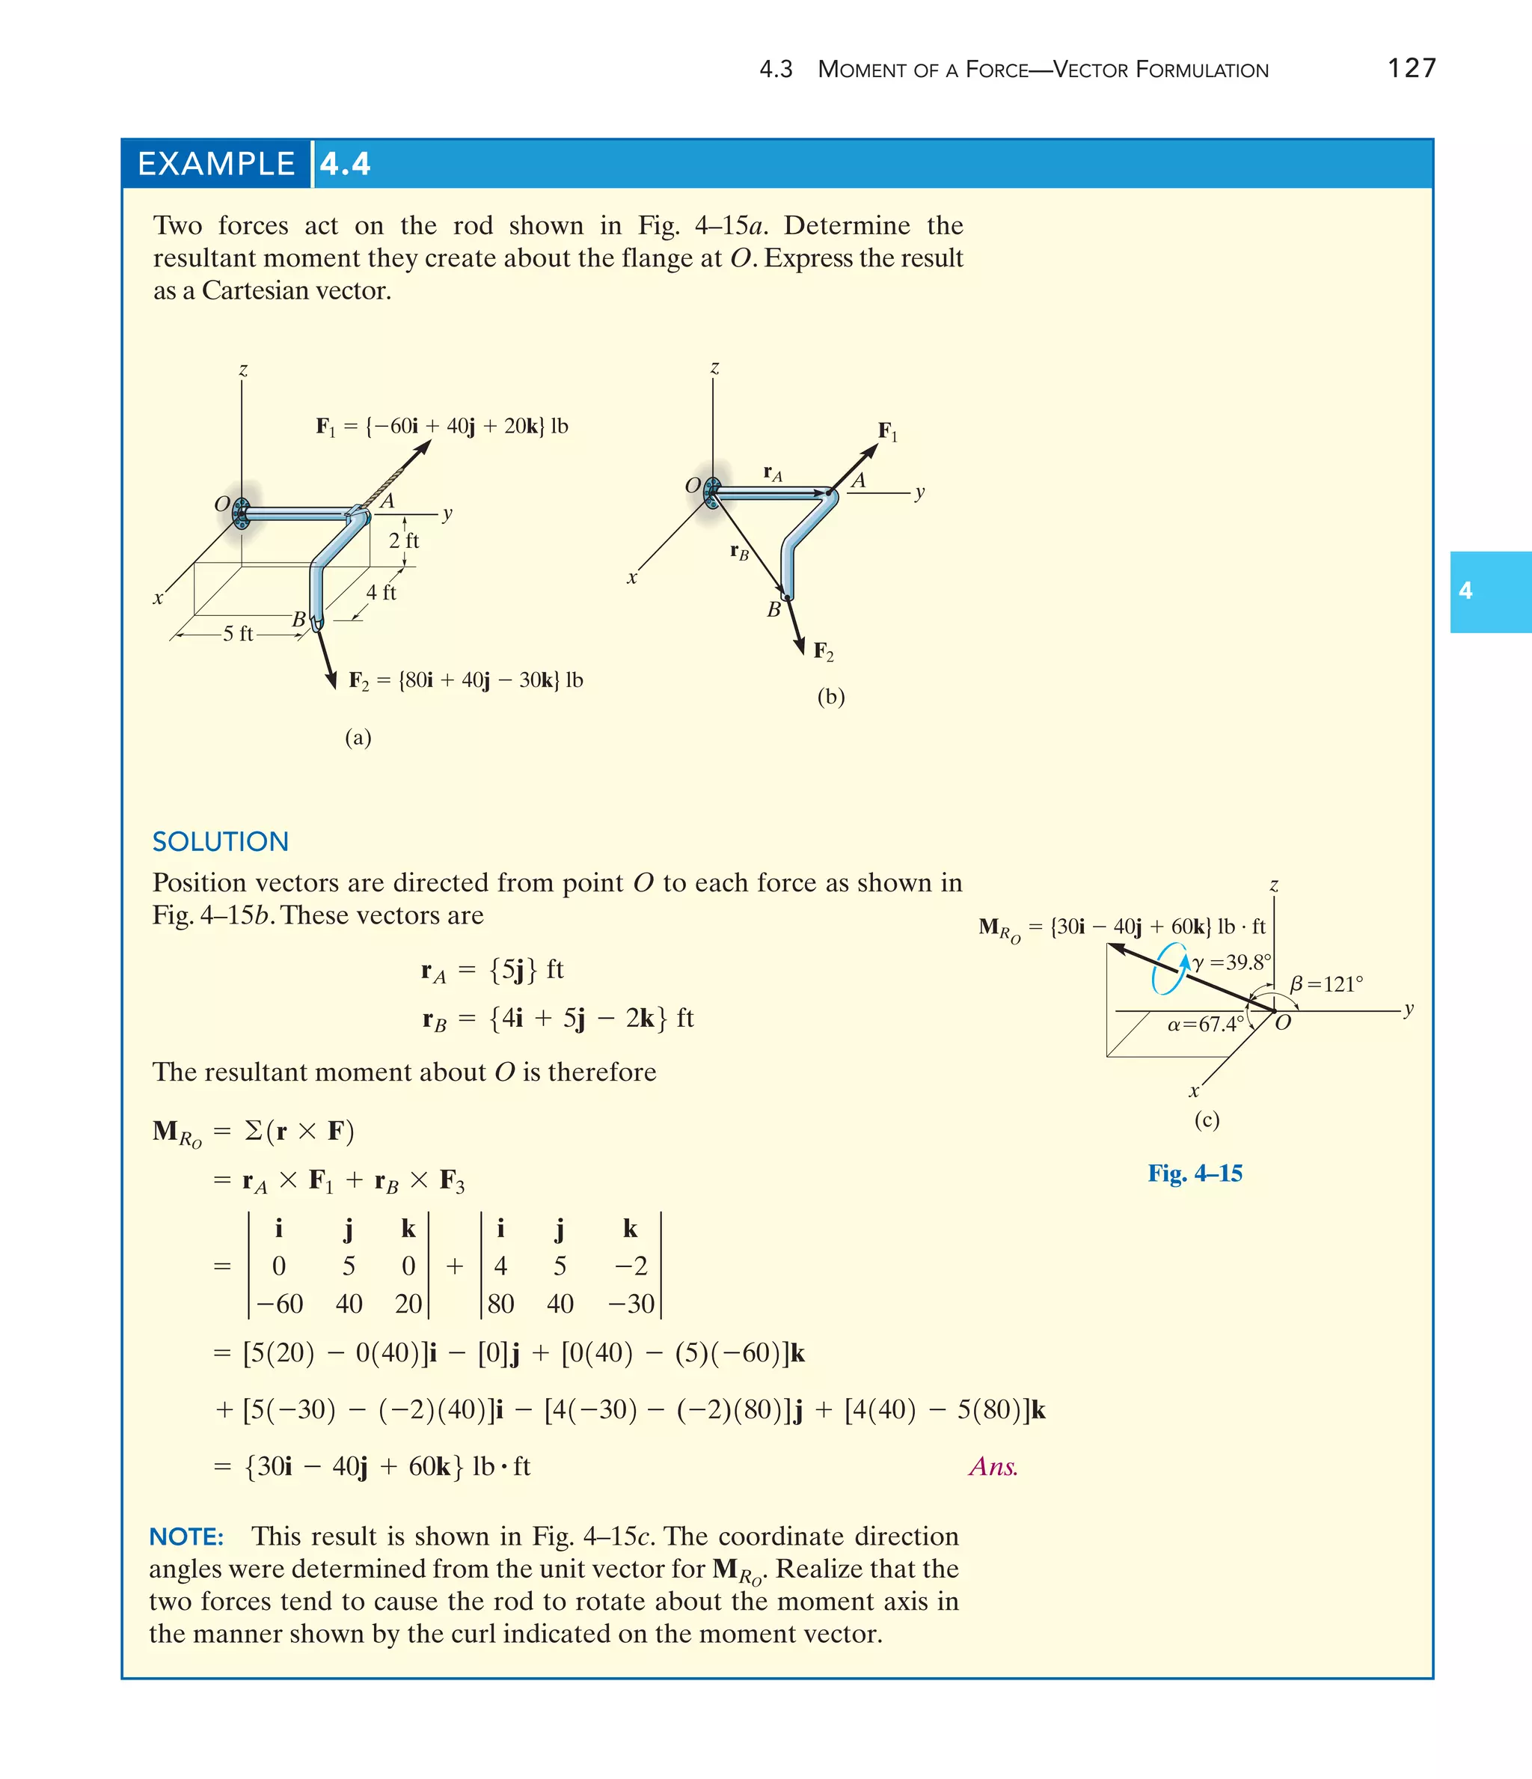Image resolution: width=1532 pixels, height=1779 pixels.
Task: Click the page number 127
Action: click(x=1412, y=68)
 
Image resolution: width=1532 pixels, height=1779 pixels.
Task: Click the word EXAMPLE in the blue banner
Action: click(x=216, y=164)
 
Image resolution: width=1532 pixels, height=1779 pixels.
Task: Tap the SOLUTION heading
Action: click(x=221, y=841)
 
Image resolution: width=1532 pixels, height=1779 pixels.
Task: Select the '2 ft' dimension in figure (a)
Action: click(x=403, y=540)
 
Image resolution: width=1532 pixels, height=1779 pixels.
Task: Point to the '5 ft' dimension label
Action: click(x=238, y=634)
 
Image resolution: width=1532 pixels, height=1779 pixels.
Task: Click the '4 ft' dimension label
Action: click(x=381, y=593)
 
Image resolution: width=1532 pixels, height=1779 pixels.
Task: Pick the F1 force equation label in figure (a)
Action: click(x=442, y=426)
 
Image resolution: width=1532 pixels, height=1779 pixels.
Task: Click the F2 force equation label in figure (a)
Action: click(x=465, y=680)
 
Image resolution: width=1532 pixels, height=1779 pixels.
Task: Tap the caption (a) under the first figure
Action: click(x=358, y=736)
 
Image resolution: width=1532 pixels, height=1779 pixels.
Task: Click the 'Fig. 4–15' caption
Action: click(x=1195, y=1173)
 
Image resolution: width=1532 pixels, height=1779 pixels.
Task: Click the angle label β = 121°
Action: click(x=1326, y=984)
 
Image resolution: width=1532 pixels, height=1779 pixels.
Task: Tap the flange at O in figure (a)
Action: click(x=242, y=513)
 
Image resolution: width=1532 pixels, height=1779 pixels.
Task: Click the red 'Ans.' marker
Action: click(x=993, y=1466)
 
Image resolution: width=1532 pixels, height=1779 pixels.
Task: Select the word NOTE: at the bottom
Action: click(x=186, y=1536)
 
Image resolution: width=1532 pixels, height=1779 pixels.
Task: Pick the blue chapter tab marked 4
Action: click(x=1490, y=591)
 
